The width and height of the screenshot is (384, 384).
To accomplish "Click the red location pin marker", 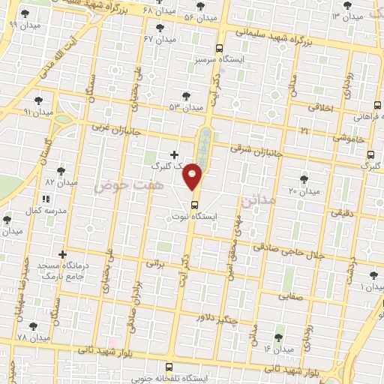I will [x=193, y=175].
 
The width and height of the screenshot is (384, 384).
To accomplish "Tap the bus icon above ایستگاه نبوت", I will [x=194, y=204].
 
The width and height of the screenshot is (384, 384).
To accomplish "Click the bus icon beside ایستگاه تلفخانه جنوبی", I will [x=169, y=367].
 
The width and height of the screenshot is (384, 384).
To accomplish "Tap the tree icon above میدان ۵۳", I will [x=186, y=96].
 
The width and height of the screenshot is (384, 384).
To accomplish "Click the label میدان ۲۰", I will [x=304, y=191].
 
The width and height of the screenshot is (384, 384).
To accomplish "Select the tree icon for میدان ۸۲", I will [x=62, y=170].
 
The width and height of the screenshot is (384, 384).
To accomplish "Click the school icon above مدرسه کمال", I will [x=46, y=199].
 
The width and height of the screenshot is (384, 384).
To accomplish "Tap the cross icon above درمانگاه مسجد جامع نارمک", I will [x=62, y=255].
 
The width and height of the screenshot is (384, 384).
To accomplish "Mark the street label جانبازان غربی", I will [x=117, y=127].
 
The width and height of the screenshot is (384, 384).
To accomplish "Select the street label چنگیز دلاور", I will [x=220, y=317].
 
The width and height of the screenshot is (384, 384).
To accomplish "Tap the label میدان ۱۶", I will [x=277, y=349].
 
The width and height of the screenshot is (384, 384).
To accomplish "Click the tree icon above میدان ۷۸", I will [x=32, y=326].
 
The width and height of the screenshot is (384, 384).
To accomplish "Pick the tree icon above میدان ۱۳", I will [x=346, y=6].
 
